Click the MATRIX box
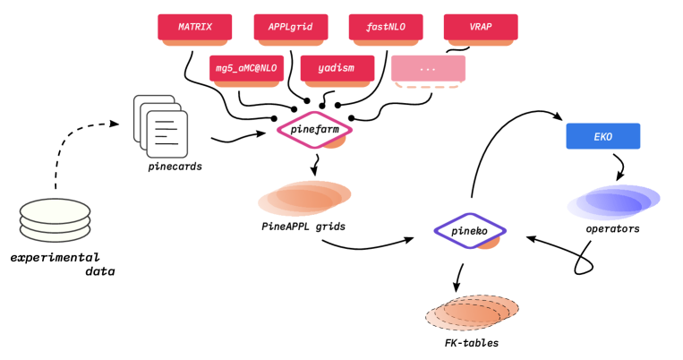tap(194, 27)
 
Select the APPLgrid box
tap(290, 27)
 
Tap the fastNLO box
tap(385, 27)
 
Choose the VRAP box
tap(480, 27)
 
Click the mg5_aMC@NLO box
tap(246, 68)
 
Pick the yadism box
tap(337, 68)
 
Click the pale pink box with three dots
tap(428, 68)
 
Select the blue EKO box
tap(602, 136)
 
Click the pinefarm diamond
tap(313, 129)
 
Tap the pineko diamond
tap(469, 230)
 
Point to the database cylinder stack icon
tap(55, 220)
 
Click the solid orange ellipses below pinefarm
tap(304, 198)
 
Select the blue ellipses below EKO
tap(613, 202)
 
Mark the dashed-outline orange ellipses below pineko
tap(471, 313)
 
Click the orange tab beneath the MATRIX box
tap(194, 43)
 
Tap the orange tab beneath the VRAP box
tap(480, 43)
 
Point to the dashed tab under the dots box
tap(427, 85)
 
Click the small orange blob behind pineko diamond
tap(489, 243)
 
